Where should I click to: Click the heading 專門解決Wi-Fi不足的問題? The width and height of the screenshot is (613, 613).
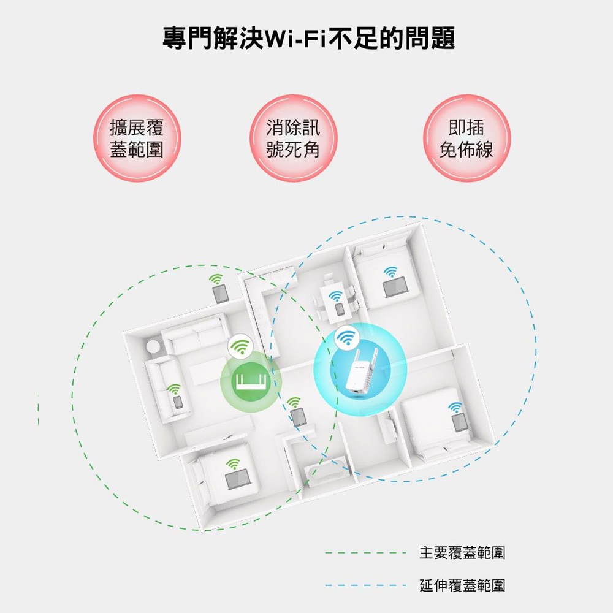click(309, 38)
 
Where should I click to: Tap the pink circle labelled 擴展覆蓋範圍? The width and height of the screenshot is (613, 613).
click(137, 138)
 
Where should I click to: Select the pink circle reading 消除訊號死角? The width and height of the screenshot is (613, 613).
click(293, 138)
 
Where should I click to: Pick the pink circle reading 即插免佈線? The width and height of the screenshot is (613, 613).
click(466, 138)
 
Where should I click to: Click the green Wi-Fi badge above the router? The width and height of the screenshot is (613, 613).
click(240, 346)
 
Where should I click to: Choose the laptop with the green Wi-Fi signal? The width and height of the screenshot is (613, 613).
click(238, 479)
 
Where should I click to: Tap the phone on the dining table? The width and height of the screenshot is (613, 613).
click(340, 309)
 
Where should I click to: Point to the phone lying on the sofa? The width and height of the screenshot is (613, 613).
click(178, 402)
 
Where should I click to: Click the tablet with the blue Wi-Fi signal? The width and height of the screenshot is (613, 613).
click(460, 422)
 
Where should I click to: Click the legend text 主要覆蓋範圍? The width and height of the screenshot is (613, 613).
click(462, 553)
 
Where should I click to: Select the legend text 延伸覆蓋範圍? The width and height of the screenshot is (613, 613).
click(462, 585)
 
